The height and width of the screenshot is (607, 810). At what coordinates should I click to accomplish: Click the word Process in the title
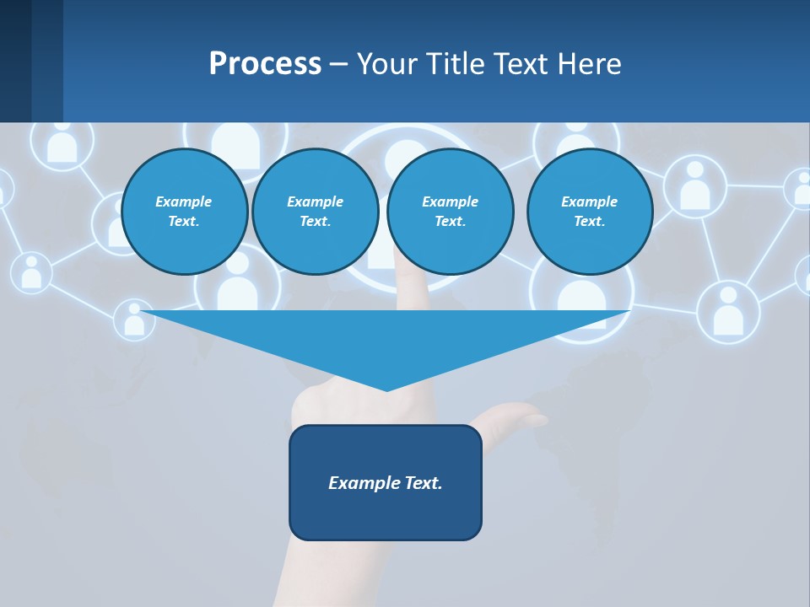click(x=265, y=64)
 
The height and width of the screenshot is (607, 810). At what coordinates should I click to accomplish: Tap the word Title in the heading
click(x=454, y=64)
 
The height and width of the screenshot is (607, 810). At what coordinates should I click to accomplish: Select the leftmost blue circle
click(x=185, y=211)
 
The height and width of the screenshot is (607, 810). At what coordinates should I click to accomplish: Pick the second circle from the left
click(x=316, y=211)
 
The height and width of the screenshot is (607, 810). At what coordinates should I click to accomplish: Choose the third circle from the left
click(x=450, y=211)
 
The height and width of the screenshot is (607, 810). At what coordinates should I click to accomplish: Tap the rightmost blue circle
click(x=590, y=211)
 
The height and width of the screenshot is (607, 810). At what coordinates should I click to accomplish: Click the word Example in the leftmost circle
click(x=183, y=201)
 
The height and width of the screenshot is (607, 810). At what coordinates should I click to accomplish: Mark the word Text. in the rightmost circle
click(x=590, y=222)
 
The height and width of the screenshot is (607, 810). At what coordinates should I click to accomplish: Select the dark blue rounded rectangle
click(x=386, y=482)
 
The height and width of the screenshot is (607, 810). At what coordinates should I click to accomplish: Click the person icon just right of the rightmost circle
click(x=694, y=185)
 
